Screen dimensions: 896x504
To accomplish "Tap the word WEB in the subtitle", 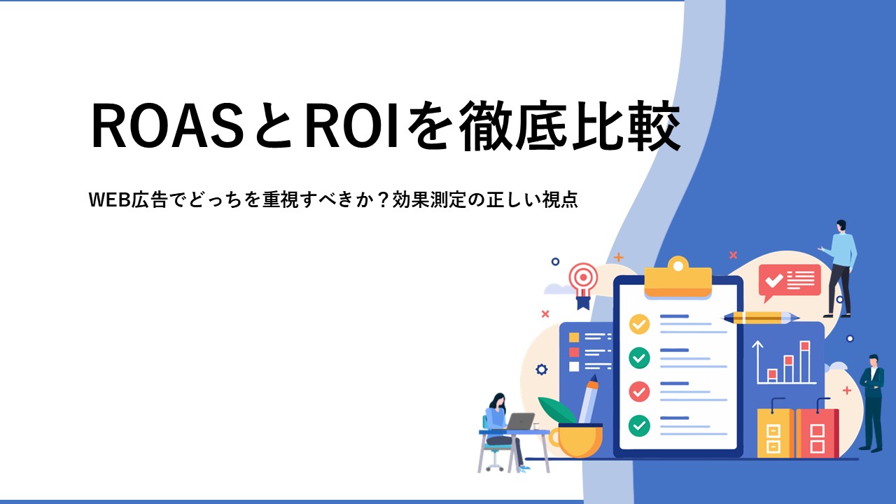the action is [110, 199].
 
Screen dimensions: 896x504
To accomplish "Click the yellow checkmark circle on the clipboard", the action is [639, 324].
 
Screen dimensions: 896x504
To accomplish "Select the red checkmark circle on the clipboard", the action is [639, 391].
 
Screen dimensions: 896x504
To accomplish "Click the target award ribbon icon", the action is [584, 285].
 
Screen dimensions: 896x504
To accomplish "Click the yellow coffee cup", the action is [576, 440].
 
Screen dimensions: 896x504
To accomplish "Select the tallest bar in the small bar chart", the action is [805, 362].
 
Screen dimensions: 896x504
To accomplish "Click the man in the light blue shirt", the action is [839, 268].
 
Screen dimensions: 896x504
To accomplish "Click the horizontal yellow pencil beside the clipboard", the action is [760, 318].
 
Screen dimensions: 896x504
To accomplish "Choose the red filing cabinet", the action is [817, 430].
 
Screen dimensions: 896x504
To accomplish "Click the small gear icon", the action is [541, 369].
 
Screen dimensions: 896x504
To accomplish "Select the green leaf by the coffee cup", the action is [556, 410].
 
